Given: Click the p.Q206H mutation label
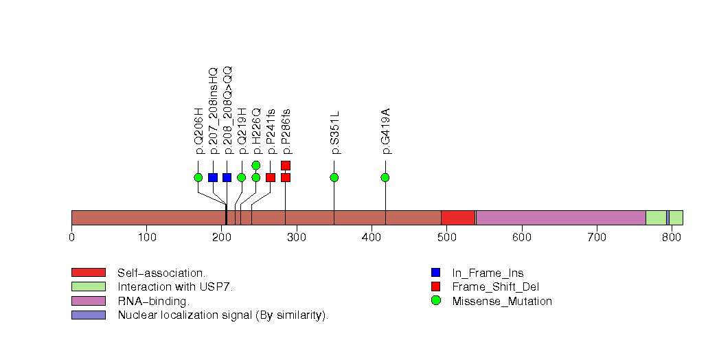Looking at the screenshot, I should click(199, 131).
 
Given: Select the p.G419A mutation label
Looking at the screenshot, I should click(385, 131).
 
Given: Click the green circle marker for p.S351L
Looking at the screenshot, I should click(334, 177).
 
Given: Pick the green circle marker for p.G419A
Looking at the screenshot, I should click(385, 177).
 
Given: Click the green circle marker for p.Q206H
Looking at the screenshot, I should click(198, 177).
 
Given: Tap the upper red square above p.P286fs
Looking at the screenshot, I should click(286, 165).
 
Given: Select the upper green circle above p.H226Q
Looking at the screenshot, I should click(256, 165).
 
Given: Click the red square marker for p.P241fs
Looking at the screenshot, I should click(271, 177).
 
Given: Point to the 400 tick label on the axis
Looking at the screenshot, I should click(372, 238).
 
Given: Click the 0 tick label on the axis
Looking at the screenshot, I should click(71, 238).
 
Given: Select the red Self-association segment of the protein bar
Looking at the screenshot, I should click(458, 218).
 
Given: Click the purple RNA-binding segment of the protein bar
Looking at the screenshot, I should click(560, 218).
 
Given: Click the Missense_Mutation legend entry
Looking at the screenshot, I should click(501, 301).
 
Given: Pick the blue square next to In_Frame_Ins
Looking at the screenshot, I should click(435, 273).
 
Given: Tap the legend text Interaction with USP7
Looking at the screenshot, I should click(175, 286).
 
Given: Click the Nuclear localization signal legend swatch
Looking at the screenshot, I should click(88, 315).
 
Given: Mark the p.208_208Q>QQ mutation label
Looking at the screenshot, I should click(228, 110).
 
